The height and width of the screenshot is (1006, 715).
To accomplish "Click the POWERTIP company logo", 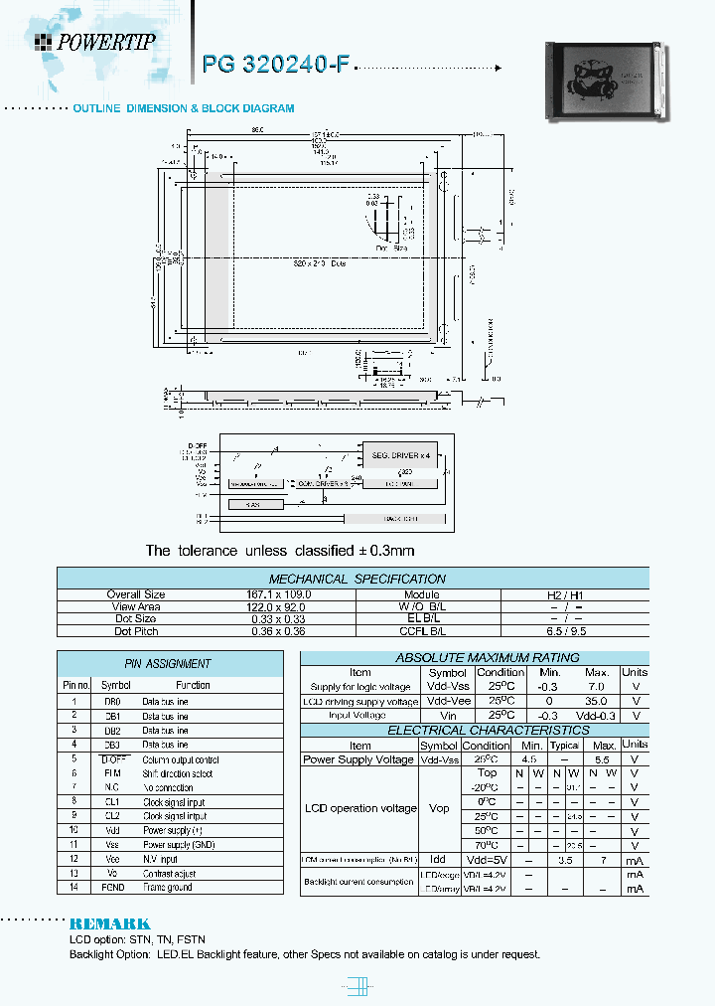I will click(95, 41).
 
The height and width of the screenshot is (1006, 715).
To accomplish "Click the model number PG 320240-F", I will click(275, 65).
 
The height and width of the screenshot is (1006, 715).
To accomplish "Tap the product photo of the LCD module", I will click(603, 81).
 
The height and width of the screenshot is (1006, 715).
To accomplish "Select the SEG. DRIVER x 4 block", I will click(400, 454).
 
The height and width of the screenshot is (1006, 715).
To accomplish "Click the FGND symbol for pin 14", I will click(112, 887).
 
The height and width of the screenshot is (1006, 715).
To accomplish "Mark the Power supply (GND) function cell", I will click(178, 844).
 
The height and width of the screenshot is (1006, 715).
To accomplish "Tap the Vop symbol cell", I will click(439, 808).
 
